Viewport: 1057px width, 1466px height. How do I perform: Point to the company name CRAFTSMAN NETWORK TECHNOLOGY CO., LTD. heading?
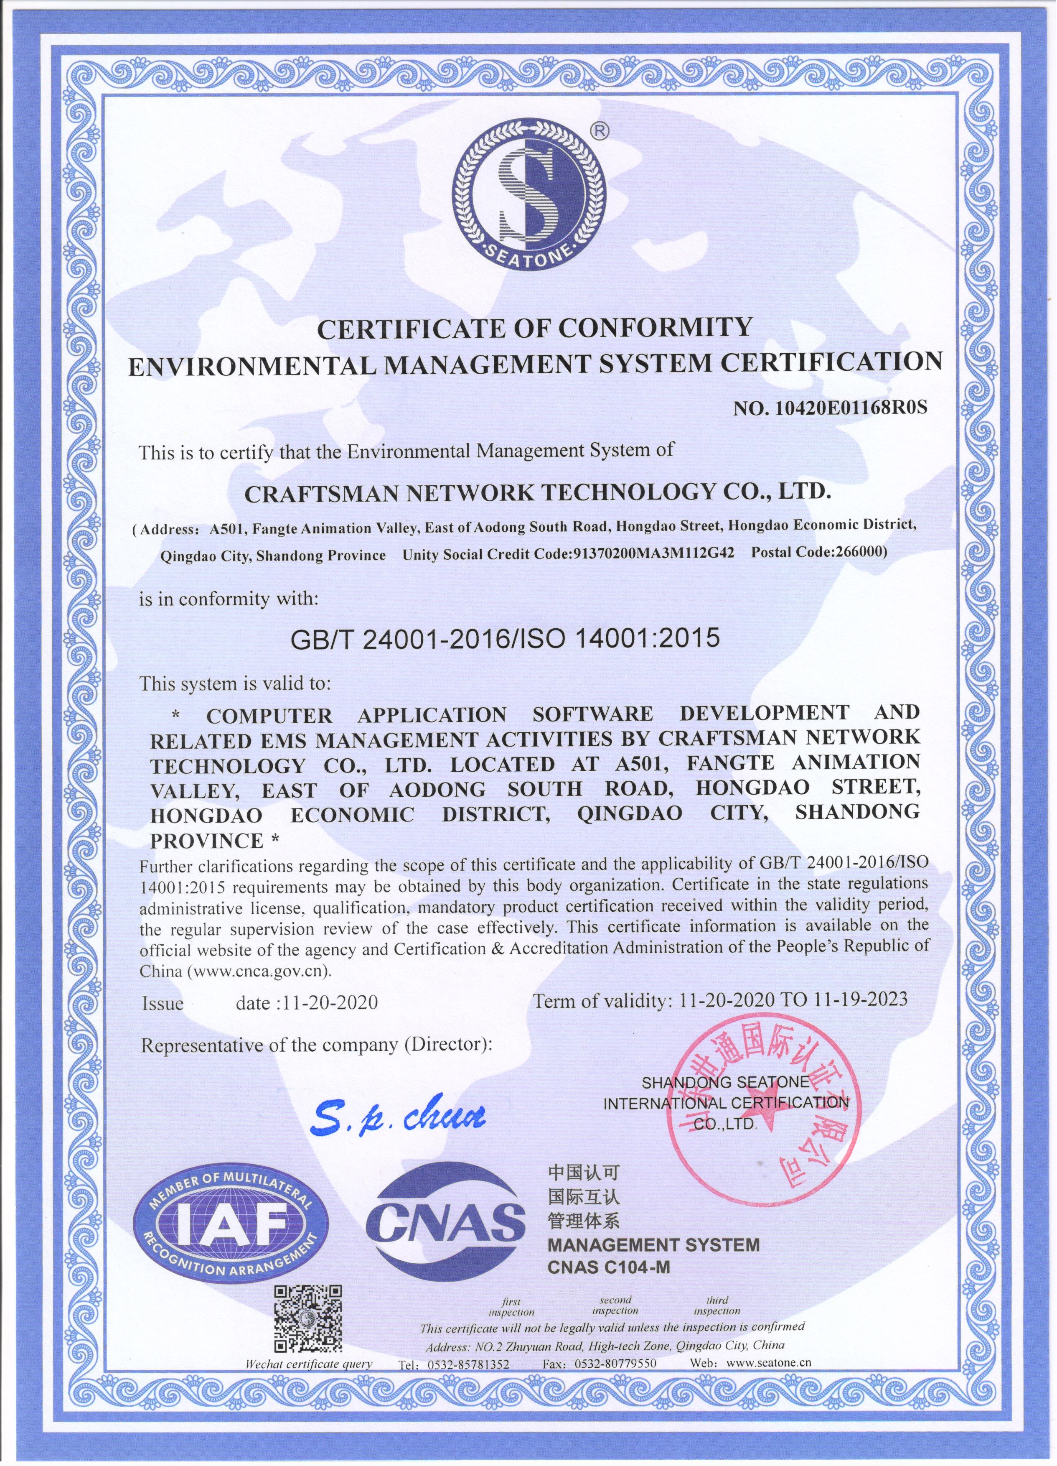[x=536, y=493]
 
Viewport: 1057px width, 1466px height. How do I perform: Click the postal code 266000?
[x=860, y=553]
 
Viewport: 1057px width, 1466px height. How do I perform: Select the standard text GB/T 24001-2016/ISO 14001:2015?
[x=505, y=639]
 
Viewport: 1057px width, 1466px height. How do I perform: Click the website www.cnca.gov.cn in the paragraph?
[x=260, y=971]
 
